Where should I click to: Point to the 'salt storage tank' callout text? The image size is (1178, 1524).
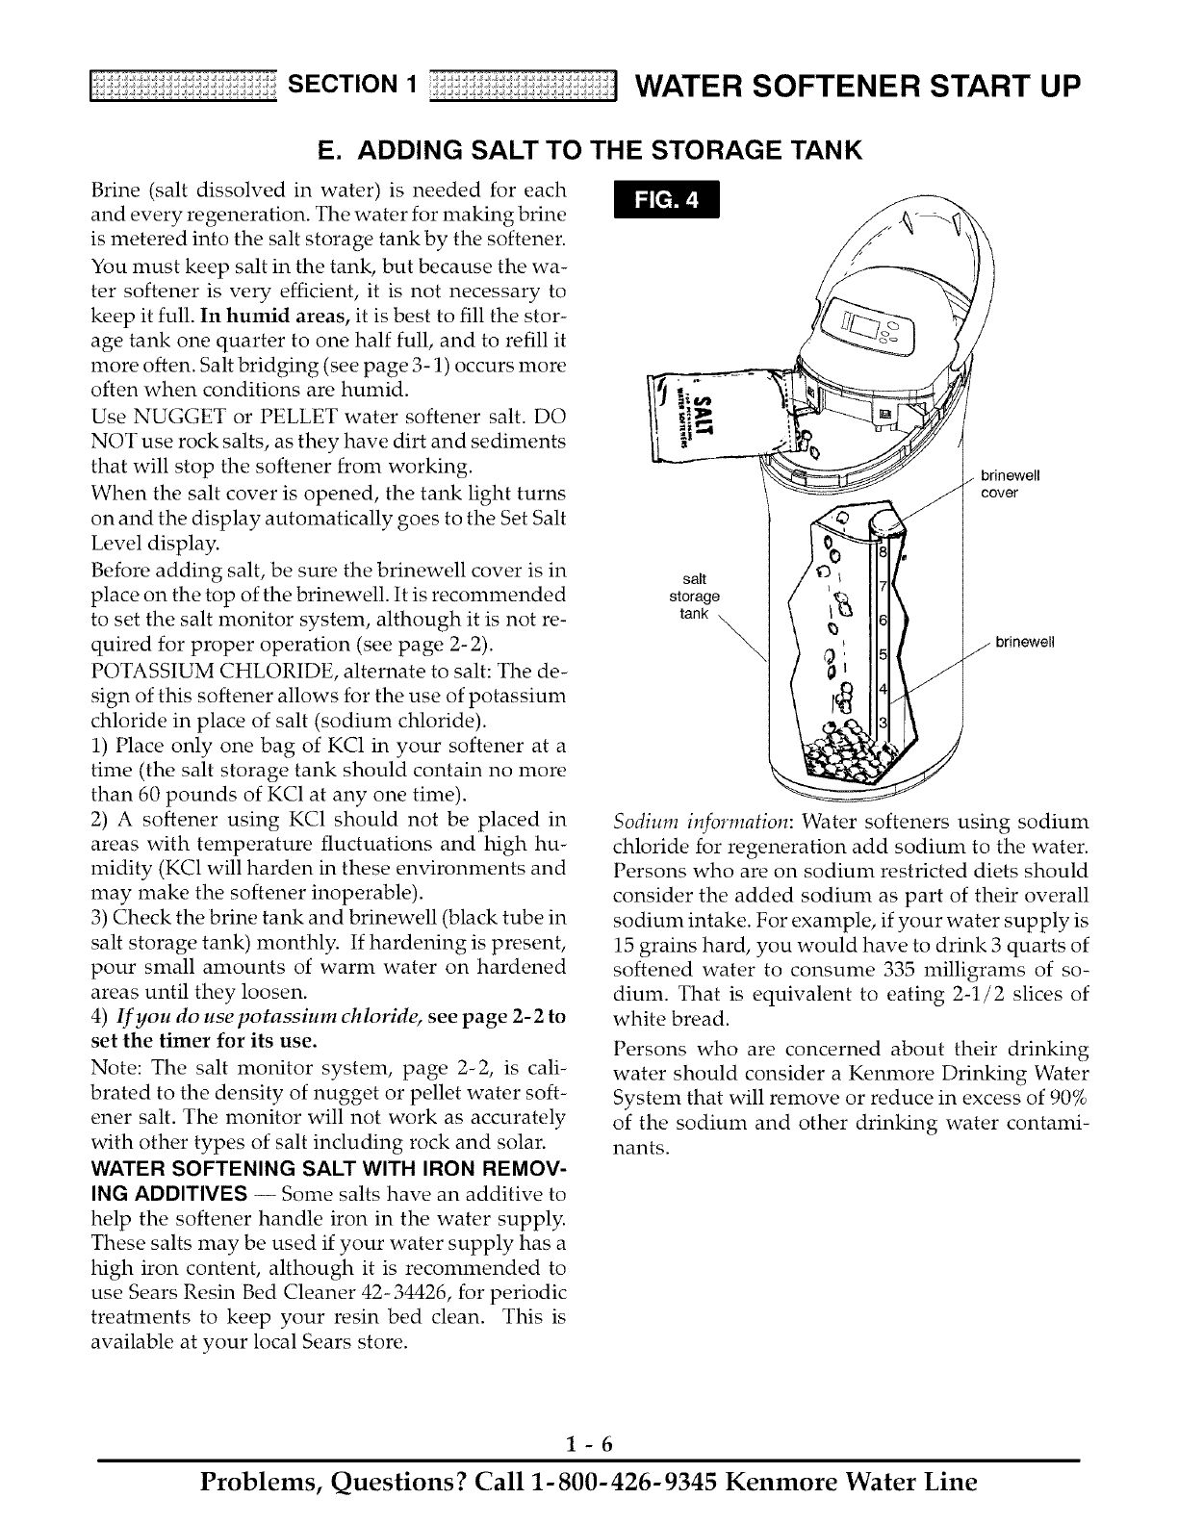[693, 596]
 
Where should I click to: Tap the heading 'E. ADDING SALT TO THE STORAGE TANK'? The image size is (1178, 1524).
[588, 151]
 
